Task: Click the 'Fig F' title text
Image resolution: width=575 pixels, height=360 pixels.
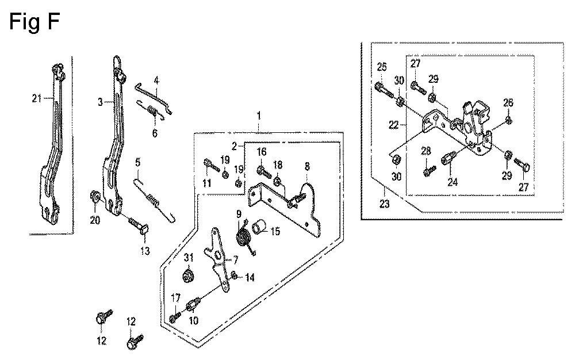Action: pyautogui.click(x=34, y=21)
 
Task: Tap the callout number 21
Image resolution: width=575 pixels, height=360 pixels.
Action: pyautogui.click(x=37, y=98)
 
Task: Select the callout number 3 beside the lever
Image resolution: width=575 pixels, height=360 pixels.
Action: pyautogui.click(x=100, y=102)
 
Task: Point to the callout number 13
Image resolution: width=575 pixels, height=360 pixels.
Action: pyautogui.click(x=145, y=251)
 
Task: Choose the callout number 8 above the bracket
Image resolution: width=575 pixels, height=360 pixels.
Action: pyautogui.click(x=307, y=166)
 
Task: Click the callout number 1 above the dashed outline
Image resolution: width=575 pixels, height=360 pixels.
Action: pyautogui.click(x=259, y=116)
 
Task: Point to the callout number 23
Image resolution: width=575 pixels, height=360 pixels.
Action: pyautogui.click(x=384, y=204)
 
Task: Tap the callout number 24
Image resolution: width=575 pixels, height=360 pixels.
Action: pyautogui.click(x=453, y=182)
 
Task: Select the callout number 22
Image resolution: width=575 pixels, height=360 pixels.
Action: pyautogui.click(x=393, y=125)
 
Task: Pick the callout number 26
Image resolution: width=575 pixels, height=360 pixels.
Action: pyautogui.click(x=508, y=102)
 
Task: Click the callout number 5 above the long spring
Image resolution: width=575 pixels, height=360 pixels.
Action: pyautogui.click(x=138, y=162)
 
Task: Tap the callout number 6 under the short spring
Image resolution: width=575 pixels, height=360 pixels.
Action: pyautogui.click(x=155, y=133)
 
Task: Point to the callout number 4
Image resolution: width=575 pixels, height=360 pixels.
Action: pyautogui.click(x=156, y=81)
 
